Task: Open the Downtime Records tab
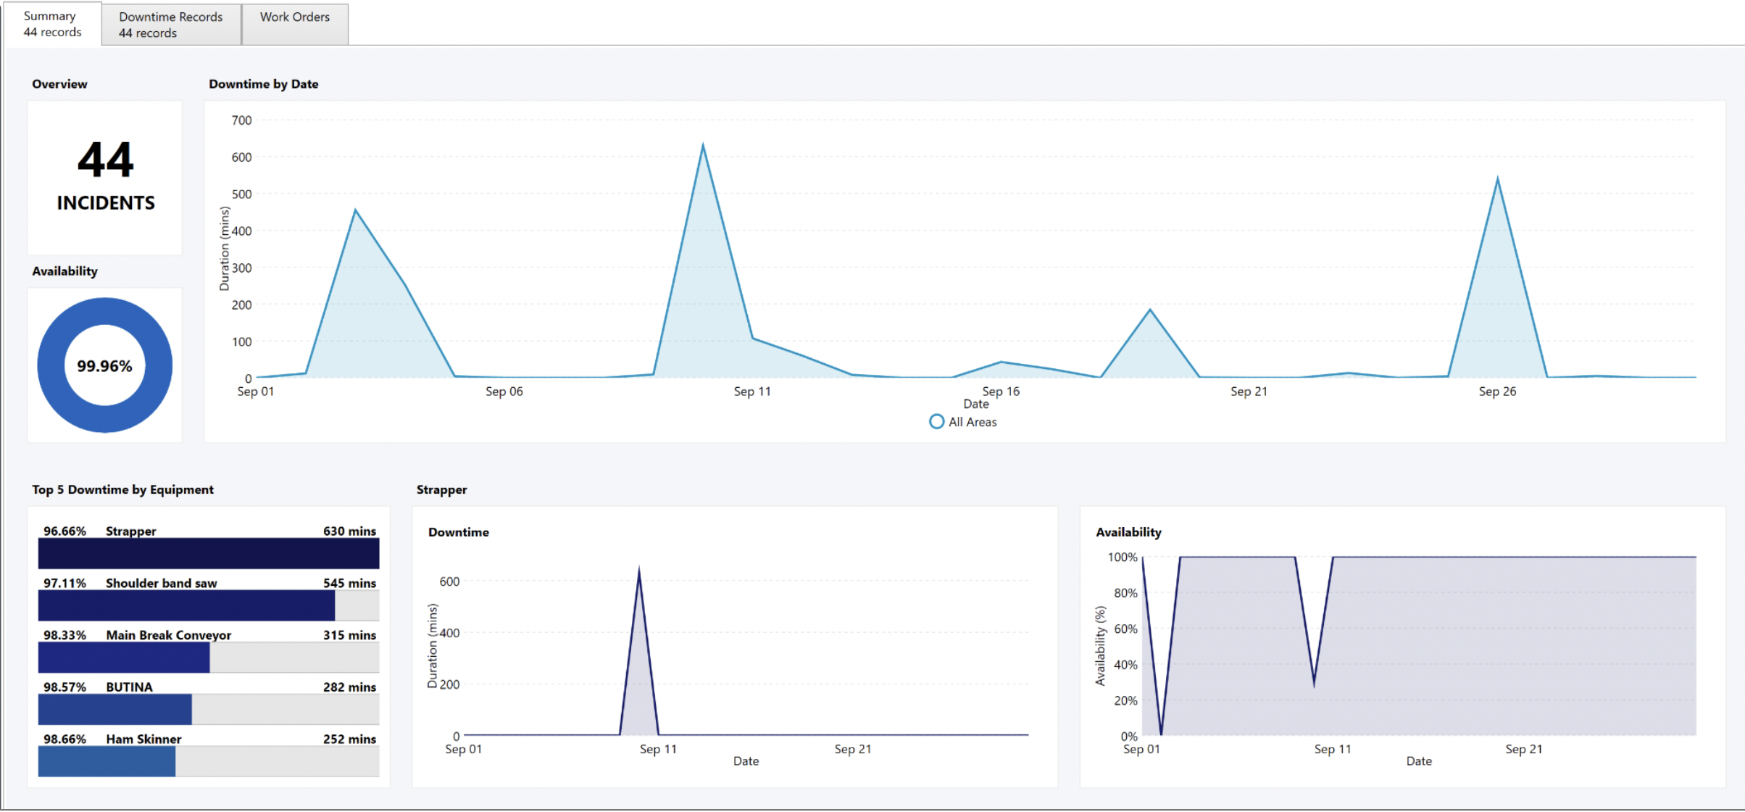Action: (170, 24)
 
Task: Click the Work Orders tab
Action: (294, 17)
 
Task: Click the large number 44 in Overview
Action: (106, 160)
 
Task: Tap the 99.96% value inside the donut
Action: (104, 366)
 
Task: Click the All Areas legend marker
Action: (936, 422)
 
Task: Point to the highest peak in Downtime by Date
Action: (702, 146)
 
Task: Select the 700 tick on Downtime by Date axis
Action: (241, 120)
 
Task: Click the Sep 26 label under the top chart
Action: (1496, 391)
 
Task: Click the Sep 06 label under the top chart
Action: (504, 391)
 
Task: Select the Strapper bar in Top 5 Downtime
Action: (209, 553)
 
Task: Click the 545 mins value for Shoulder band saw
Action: (349, 583)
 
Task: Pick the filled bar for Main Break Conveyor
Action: (124, 658)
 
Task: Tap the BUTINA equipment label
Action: (129, 687)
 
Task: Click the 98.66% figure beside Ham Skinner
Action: (64, 739)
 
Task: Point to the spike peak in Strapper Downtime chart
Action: (638, 570)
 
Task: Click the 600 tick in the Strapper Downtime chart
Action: (449, 581)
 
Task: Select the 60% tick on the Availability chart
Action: (1125, 629)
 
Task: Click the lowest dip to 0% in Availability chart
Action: (1161, 733)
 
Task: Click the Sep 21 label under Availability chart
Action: (1523, 749)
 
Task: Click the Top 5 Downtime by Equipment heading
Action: (122, 489)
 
